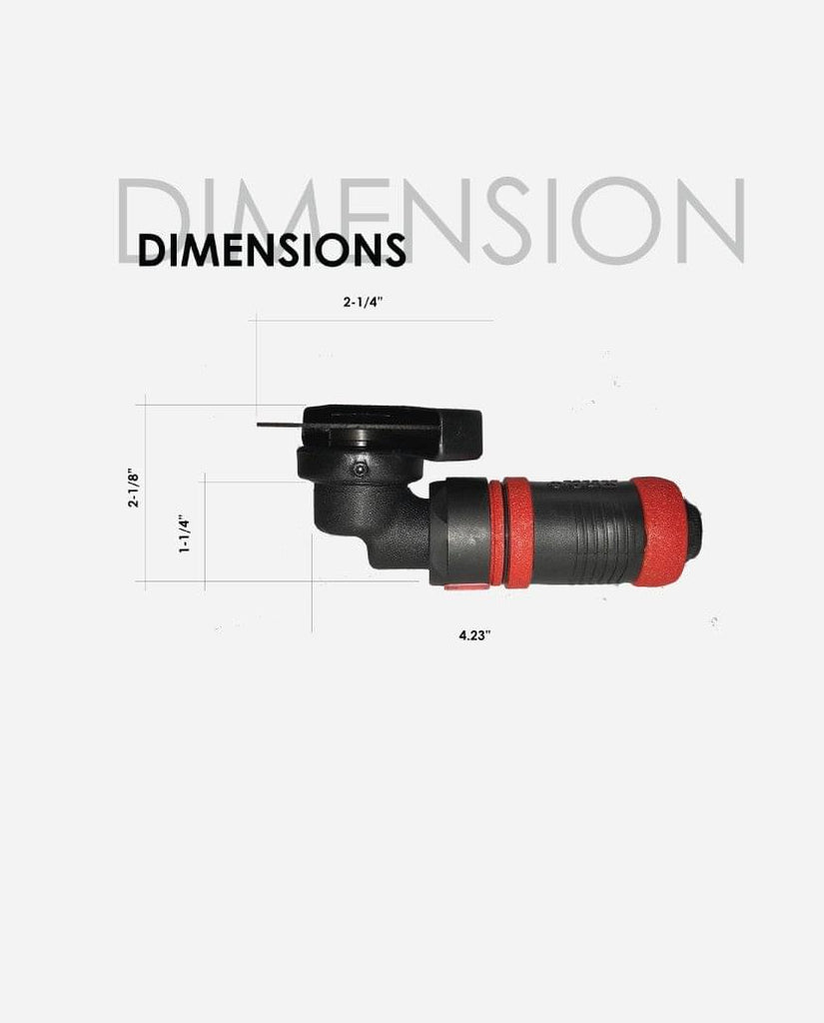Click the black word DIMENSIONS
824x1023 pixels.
click(x=272, y=249)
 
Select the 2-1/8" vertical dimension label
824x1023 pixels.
click(x=134, y=488)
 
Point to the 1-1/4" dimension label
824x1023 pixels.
click(x=186, y=535)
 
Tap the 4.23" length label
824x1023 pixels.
click(x=474, y=634)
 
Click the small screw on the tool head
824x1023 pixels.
click(x=360, y=469)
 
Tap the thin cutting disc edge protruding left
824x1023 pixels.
click(x=281, y=426)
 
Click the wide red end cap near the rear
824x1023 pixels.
click(x=655, y=529)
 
